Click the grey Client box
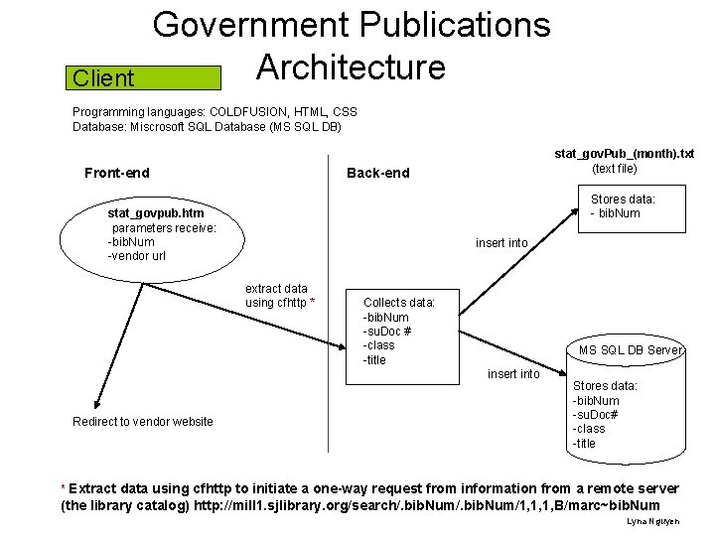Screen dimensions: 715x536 point(146,78)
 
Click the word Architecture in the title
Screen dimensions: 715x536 point(351,67)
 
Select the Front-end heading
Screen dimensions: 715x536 point(117,173)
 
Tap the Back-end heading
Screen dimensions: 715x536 point(377,173)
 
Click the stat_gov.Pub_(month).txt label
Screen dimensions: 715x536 point(624,154)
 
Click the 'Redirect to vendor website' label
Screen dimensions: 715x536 point(143,422)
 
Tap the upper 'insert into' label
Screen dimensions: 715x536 point(501,243)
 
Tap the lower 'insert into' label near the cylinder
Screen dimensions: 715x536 point(513,374)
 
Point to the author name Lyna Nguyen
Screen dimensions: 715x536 point(653,521)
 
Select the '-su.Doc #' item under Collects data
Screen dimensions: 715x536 point(387,332)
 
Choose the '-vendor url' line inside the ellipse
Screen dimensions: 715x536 point(137,256)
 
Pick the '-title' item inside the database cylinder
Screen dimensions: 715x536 point(585,444)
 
